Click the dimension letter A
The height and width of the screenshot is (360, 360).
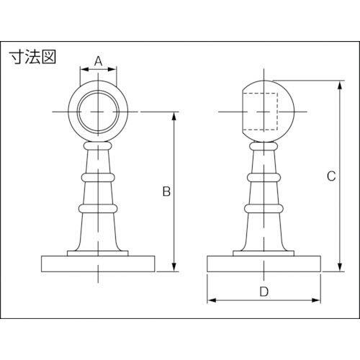click(x=98, y=61)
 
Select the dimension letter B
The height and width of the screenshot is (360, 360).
click(x=166, y=192)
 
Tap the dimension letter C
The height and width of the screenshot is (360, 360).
click(x=331, y=176)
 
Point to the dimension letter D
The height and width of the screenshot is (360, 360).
click(x=264, y=292)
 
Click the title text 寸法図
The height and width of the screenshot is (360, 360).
click(x=33, y=57)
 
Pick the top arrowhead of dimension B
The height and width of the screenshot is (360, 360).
click(x=174, y=117)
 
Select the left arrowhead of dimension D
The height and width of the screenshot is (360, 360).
click(x=212, y=300)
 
